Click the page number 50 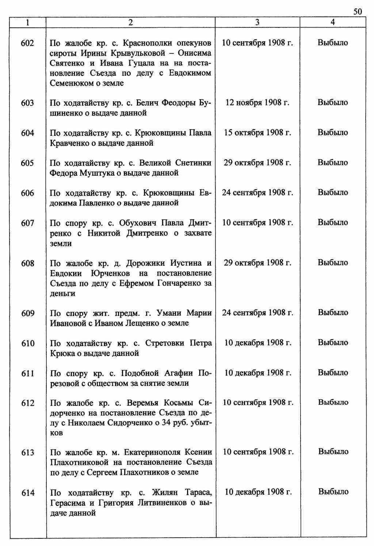[x=358, y=12]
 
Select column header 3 [x=257, y=22]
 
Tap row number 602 [x=28, y=43]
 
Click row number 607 [x=28, y=223]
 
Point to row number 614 [x=28, y=493]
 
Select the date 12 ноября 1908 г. [x=257, y=103]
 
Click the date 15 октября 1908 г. [x=257, y=132]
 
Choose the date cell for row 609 [x=257, y=312]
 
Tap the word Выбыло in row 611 [x=333, y=373]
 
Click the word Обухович [x=139, y=223]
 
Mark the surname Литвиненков [x=162, y=503]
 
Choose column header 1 [x=28, y=22]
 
